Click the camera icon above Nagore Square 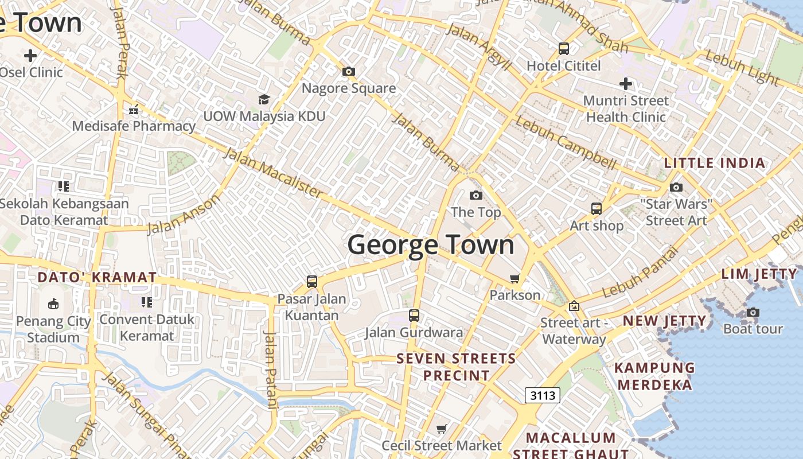pos(349,72)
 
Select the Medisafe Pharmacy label pos(134,126)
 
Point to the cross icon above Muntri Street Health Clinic pos(626,84)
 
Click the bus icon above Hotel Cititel pos(564,49)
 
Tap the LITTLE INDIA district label pos(715,163)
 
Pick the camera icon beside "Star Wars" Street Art pos(676,188)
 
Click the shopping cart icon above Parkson pos(515,279)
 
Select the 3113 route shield pos(542,395)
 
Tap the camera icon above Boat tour pos(753,313)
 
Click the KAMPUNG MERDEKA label pos(654,376)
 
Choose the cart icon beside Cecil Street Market pos(442,429)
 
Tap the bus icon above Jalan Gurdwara pos(414,315)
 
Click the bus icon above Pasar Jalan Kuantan pos(312,282)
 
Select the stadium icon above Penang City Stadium pos(53,304)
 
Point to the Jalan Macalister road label pos(273,173)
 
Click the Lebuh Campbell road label pos(566,143)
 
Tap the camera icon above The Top pos(476,196)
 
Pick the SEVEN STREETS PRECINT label pos(457,367)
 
